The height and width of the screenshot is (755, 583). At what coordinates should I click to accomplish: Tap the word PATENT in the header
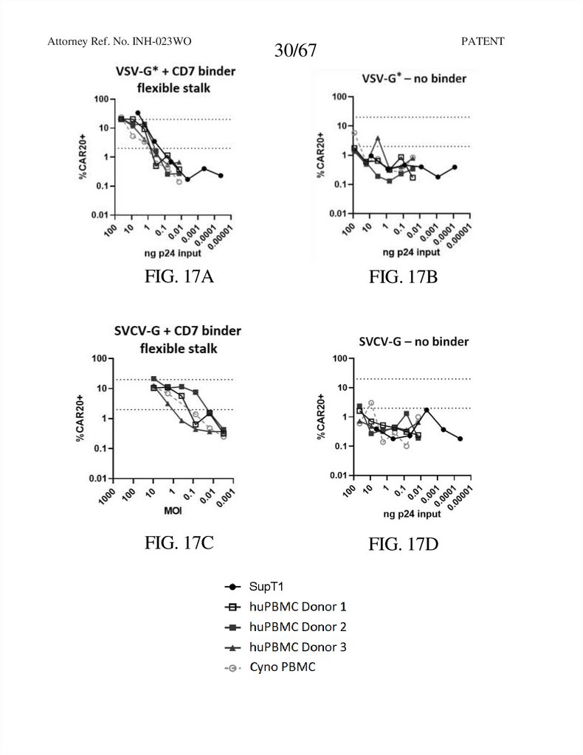click(x=483, y=41)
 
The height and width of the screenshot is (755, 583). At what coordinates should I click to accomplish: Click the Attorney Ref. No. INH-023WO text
click(x=125, y=41)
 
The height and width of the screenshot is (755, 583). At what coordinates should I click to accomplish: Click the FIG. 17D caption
click(x=404, y=545)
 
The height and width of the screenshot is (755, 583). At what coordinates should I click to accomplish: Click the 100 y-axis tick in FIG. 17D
click(x=339, y=359)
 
